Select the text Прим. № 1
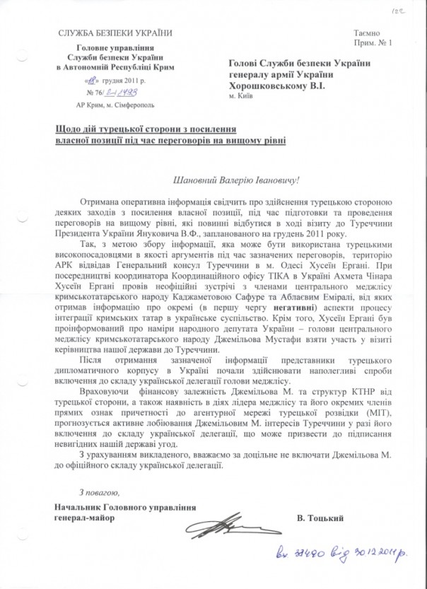(x=370, y=43)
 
